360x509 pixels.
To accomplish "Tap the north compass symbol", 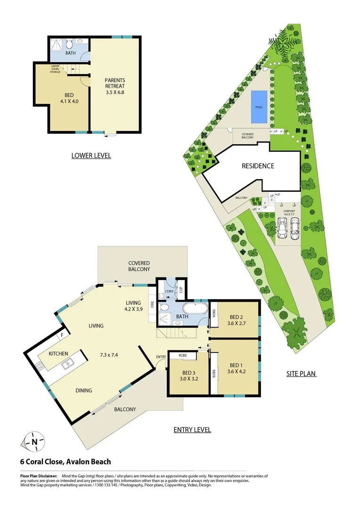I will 34,442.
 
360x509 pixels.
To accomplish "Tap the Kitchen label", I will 58,353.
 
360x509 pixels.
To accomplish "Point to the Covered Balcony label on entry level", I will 139,266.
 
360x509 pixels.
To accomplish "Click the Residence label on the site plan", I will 258,166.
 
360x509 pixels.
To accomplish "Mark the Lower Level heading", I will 91,155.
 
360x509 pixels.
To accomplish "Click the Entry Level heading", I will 192,429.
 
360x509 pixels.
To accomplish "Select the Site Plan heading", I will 301,374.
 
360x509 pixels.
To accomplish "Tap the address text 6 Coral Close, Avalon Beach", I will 65,462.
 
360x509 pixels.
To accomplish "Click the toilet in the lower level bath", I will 69,44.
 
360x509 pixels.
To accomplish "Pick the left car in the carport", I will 283,230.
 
